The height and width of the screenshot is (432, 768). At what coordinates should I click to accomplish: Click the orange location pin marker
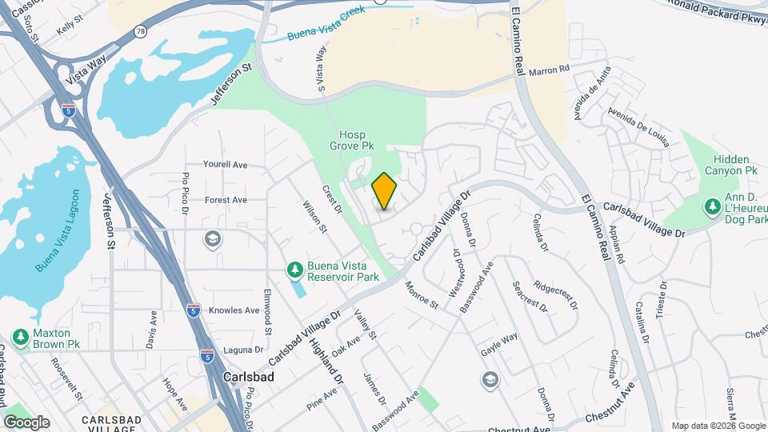click(x=384, y=191)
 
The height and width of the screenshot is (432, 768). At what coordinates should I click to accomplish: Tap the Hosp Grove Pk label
click(x=352, y=141)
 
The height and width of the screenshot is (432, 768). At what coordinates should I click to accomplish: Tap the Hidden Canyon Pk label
click(x=730, y=165)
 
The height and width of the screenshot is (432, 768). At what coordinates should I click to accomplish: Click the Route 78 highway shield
click(x=140, y=31)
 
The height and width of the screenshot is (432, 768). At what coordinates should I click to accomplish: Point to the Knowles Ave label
click(x=234, y=310)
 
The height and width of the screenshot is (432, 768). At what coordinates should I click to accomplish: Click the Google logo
click(x=26, y=422)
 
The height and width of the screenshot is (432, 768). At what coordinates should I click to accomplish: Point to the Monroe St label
click(x=422, y=294)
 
